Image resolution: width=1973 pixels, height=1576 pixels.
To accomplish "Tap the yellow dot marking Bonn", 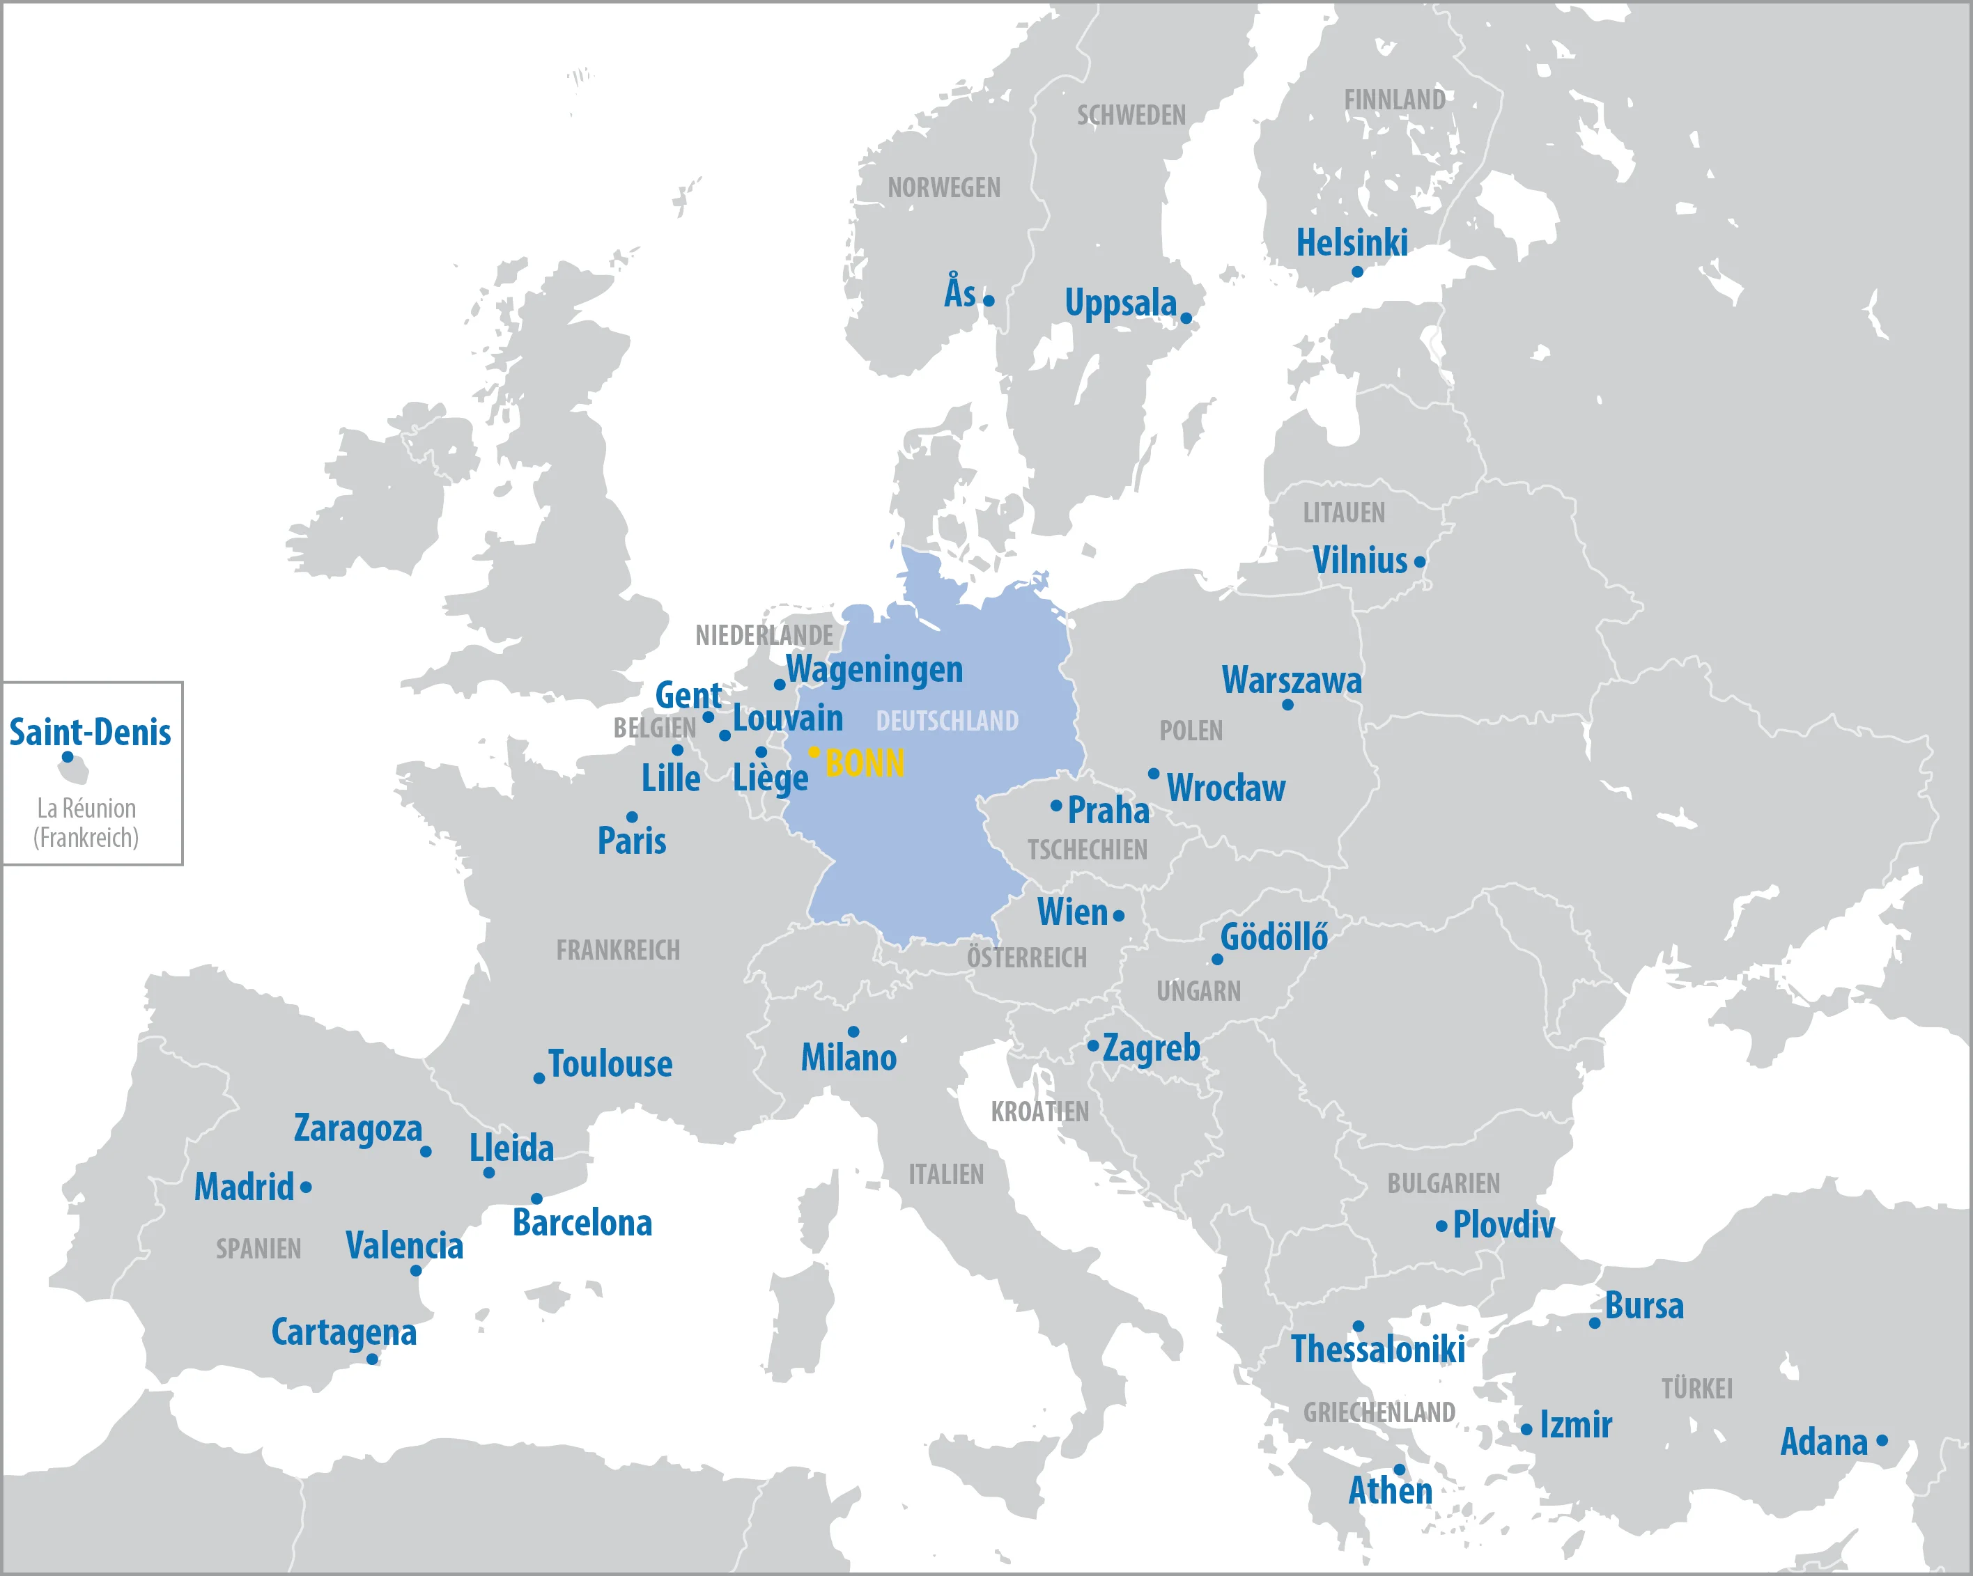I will (814, 752).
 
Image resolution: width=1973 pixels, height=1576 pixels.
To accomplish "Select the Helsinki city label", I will (1352, 243).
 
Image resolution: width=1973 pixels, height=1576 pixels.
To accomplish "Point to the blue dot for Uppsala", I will (1186, 318).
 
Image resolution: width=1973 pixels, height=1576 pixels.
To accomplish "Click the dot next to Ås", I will (989, 301).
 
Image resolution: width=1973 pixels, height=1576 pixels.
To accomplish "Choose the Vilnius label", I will (1360, 561).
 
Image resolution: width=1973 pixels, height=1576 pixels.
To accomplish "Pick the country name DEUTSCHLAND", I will (947, 721).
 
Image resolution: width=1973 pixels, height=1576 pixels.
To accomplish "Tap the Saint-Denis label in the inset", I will (90, 733).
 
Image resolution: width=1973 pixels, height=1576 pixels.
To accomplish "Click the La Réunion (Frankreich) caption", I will (86, 823).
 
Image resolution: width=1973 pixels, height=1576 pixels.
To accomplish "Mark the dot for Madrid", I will (306, 1187).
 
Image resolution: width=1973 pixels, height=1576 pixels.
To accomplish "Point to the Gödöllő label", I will (1274, 937).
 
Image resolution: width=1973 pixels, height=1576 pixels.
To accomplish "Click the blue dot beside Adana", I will (1882, 1441).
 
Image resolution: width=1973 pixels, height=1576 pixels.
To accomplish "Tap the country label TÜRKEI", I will (1698, 1389).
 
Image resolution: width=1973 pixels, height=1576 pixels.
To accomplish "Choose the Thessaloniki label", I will (1377, 1349).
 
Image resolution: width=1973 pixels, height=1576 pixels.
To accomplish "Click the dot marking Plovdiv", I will (1441, 1226).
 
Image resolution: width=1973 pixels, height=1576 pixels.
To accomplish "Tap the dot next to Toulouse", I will (539, 1079).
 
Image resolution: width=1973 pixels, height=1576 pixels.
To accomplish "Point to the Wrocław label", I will (1225, 788).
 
